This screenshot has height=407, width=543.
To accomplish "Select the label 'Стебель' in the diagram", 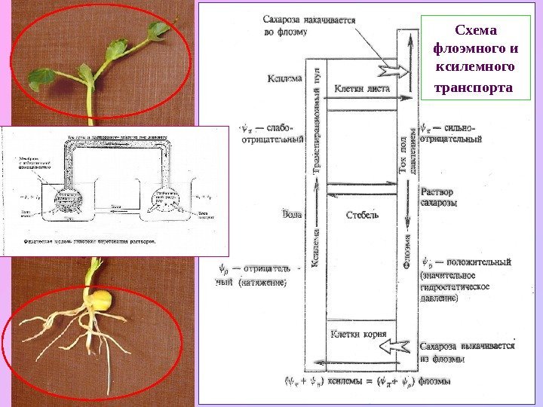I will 362,214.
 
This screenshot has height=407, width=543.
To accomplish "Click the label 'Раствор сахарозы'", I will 438,197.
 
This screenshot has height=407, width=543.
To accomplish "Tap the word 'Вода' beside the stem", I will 291,214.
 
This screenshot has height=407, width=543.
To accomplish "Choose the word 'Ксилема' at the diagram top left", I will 284,78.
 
